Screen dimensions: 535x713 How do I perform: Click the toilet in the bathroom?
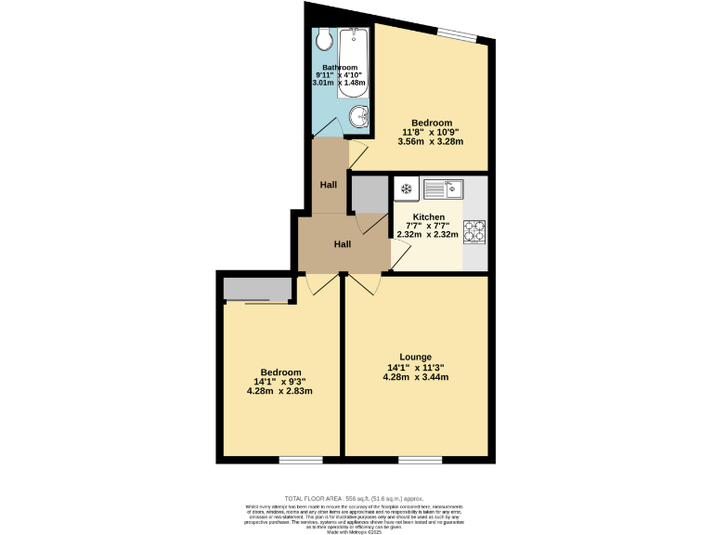pos(323,39)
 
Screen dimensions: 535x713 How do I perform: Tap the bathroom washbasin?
pos(360,117)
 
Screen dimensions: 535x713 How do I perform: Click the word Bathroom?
pos(340,68)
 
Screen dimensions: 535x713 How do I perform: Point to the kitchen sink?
pos(443,189)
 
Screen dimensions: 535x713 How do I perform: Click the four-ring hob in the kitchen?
pos(474,229)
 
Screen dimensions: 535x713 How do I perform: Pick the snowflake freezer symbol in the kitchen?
pos(405,189)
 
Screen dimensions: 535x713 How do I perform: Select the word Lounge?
pos(415,357)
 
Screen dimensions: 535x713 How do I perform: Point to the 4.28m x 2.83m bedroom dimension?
pos(279,391)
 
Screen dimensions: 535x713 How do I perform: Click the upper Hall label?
pos(329,185)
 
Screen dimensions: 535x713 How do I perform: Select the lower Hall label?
pos(343,244)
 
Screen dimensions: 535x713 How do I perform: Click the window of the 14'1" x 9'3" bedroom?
pos(301,460)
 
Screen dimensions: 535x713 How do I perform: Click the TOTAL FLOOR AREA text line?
pos(356,499)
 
